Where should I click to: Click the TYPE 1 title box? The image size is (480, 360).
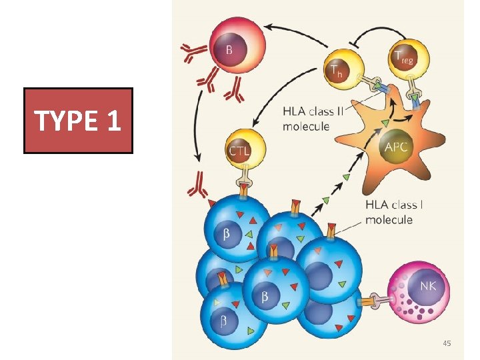78,121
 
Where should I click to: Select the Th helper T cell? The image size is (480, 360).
342,65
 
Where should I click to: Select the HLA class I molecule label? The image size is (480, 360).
394,212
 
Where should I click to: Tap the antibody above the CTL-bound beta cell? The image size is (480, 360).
197,185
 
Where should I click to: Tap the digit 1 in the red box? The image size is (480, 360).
111,121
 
